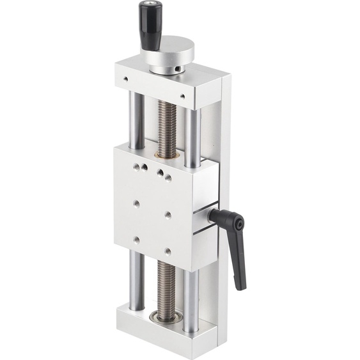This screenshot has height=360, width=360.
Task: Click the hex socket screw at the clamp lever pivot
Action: click(x=239, y=224)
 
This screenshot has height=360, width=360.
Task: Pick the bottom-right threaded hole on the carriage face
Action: click(x=167, y=251)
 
